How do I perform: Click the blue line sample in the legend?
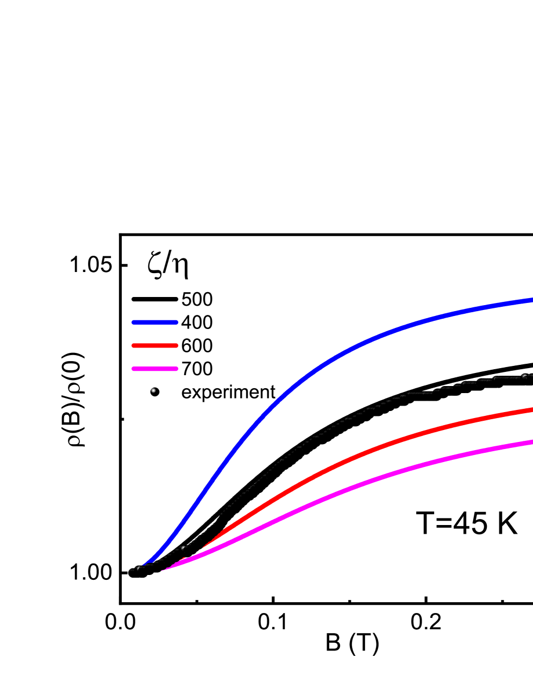[155, 323]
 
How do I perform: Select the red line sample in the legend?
[155, 345]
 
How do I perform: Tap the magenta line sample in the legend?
[155, 369]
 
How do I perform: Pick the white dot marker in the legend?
[153, 390]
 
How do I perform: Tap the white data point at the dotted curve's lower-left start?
[138, 568]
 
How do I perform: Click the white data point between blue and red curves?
[183, 547]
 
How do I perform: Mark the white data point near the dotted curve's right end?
[524, 376]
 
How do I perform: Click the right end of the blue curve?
[531, 300]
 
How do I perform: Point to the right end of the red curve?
[531, 410]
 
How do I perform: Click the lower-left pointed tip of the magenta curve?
[163, 570]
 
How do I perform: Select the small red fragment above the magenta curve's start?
[184, 559]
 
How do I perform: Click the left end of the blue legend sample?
[134, 323]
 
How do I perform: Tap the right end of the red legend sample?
[177, 345]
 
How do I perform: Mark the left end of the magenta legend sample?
[134, 369]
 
